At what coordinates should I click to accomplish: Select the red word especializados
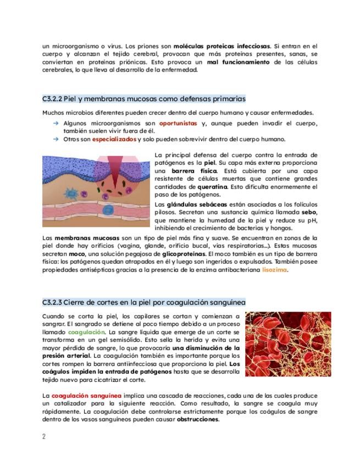coord(114,140)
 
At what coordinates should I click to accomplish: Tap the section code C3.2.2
coord(52,99)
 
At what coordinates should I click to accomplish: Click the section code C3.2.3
coord(52,302)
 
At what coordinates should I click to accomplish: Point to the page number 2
coord(44,437)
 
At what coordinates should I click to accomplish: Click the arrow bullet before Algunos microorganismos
coord(56,124)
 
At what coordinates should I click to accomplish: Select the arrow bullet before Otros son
coord(56,140)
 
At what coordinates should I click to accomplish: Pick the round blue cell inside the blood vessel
coord(109,209)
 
